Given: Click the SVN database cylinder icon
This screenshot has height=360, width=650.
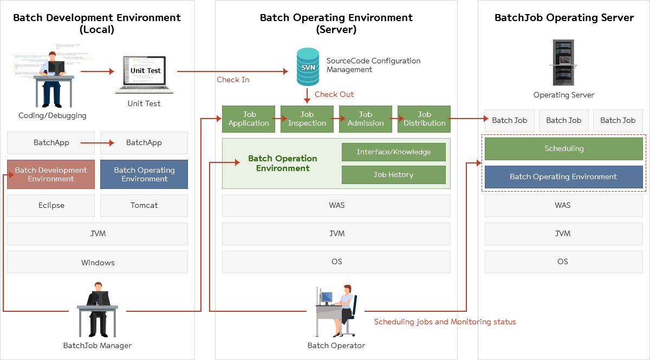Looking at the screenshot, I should [308, 67].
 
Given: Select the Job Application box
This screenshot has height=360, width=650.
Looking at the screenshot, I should [249, 119].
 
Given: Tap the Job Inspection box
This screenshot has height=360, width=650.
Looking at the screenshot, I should [307, 119].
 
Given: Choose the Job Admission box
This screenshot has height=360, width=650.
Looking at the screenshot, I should [366, 119].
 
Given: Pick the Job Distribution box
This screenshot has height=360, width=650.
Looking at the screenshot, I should [424, 119].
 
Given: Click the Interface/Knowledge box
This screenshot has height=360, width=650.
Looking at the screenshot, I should [394, 152].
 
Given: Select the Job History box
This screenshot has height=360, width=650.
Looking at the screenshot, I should [394, 175].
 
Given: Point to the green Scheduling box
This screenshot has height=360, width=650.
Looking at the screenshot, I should [563, 149].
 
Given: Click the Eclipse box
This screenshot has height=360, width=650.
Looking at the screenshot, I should [51, 206].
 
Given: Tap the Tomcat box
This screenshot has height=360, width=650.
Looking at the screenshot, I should [144, 206].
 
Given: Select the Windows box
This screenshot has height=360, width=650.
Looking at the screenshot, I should [97, 263].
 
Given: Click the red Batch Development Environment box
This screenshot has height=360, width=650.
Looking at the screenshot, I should [51, 174].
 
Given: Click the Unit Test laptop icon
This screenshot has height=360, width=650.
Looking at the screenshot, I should [145, 74].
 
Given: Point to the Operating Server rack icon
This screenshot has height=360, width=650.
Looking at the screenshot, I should [563, 62].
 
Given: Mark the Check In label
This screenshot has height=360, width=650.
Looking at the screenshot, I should [233, 80].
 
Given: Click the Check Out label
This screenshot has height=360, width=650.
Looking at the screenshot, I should [334, 94].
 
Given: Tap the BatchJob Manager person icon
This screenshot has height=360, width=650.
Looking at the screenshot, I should [97, 309].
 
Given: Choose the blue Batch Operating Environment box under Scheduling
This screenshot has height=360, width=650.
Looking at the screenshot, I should [563, 177].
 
